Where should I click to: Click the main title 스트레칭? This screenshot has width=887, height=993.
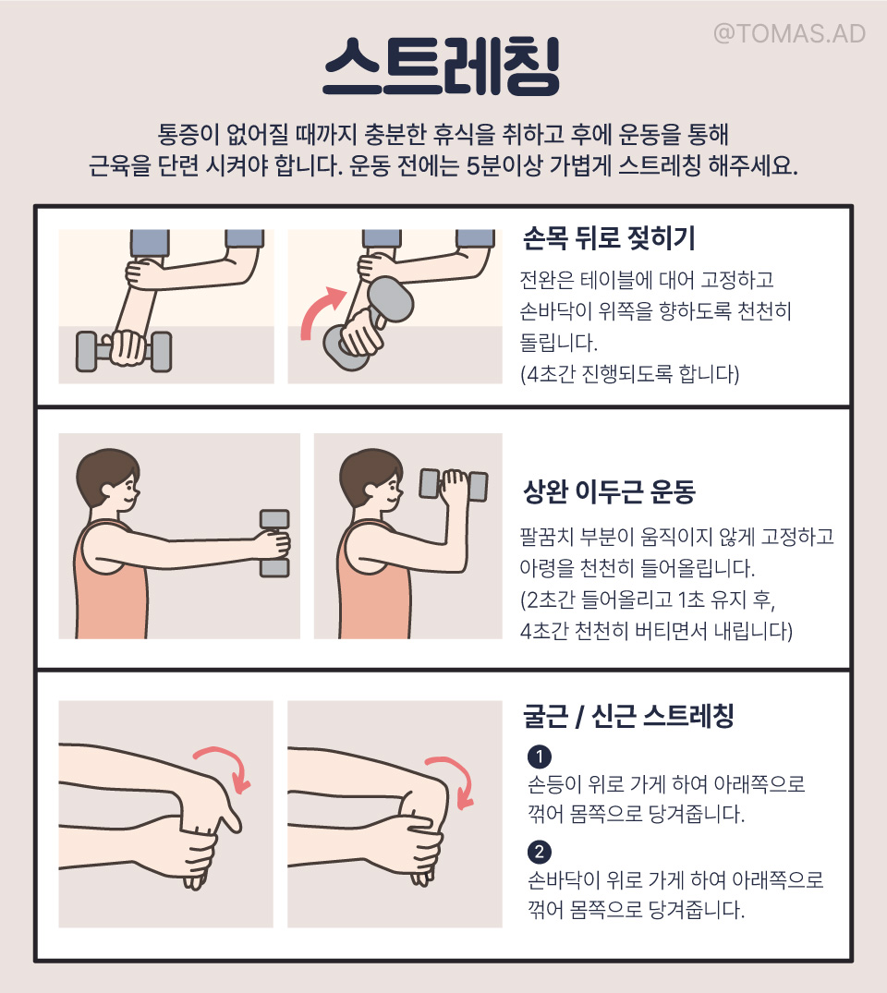coord(442,66)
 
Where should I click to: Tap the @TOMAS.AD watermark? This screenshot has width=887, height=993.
coord(789,33)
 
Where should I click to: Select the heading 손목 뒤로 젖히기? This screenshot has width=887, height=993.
coord(609,238)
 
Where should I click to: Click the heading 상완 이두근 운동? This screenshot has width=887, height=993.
coord(609,491)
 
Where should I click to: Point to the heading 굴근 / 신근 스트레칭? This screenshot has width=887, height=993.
coord(628,716)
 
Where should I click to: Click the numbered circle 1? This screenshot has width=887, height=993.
coord(540,757)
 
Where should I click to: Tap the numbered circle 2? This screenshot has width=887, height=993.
coord(540,852)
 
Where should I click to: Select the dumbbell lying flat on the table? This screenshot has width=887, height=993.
coord(124,351)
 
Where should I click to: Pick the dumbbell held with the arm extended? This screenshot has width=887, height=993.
coord(274,543)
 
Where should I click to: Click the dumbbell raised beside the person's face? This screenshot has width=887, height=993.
coord(454,485)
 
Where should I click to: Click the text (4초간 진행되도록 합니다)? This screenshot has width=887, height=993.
coord(630,373)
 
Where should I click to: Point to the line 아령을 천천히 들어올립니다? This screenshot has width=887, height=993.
coord(637,567)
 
